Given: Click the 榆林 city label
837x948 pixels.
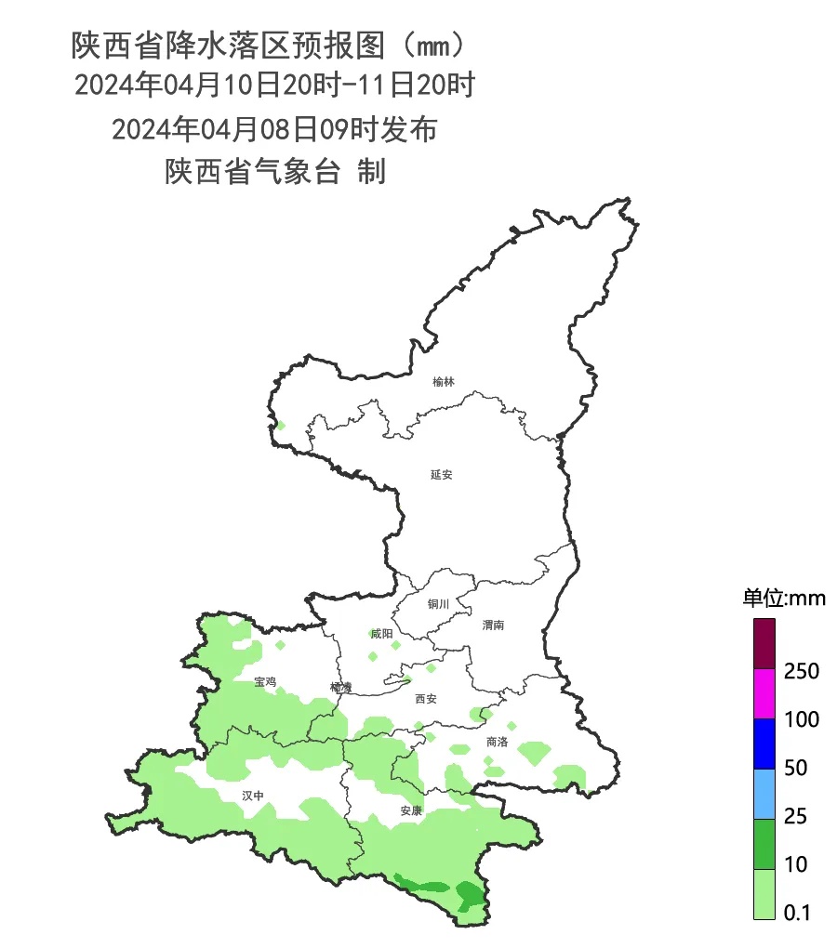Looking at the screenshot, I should [x=444, y=382].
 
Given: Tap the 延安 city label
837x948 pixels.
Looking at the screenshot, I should [x=441, y=474].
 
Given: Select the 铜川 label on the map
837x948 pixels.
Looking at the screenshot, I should [x=438, y=604].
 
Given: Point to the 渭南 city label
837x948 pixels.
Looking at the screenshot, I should [x=493, y=625].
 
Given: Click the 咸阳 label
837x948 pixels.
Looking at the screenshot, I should [x=381, y=634].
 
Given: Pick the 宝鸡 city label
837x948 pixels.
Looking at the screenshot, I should [x=265, y=681].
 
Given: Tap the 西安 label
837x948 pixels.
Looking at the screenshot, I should [x=425, y=698].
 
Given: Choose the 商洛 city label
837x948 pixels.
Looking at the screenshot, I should [x=497, y=742].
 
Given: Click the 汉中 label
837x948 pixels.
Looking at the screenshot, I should [x=253, y=796].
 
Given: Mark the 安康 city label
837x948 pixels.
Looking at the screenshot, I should [x=411, y=810].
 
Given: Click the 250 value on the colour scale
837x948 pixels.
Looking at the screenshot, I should [x=801, y=671].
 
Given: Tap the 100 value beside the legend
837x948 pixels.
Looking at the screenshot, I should [x=801, y=719].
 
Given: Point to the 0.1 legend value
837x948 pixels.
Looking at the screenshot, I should [x=797, y=913].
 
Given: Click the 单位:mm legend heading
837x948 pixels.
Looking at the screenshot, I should [x=783, y=598].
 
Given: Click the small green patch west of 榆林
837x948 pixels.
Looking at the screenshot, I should [x=280, y=426].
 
